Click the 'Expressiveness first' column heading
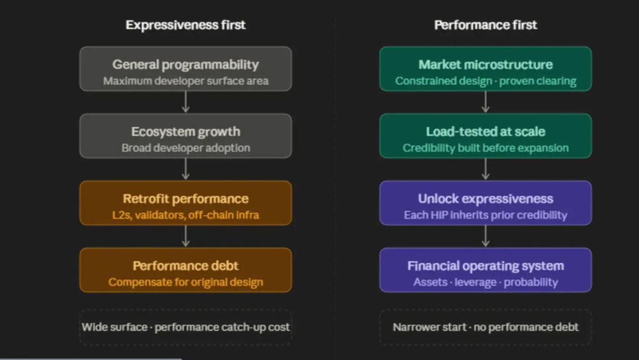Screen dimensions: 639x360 point(185,25)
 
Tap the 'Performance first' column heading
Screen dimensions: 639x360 point(486,25)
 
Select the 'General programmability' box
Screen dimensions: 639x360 point(186,69)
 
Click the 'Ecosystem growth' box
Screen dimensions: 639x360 point(186,136)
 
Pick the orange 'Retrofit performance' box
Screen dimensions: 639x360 point(186,203)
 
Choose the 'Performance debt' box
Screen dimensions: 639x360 point(186,270)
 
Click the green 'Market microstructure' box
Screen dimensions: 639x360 point(486,69)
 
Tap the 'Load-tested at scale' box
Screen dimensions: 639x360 point(486,136)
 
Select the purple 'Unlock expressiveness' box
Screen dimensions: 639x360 point(486,203)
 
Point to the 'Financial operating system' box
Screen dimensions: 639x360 point(486,270)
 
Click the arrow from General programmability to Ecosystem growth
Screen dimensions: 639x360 point(186,102)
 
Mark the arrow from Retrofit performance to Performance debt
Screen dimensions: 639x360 point(186,236)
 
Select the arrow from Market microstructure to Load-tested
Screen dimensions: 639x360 point(486,102)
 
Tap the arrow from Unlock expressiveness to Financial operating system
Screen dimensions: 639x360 point(486,236)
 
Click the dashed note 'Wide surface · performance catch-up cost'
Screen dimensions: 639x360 point(186,327)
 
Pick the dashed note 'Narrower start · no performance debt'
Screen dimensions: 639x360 point(486,327)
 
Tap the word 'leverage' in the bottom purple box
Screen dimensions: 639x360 point(476,282)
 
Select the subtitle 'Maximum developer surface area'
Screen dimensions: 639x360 point(186,81)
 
